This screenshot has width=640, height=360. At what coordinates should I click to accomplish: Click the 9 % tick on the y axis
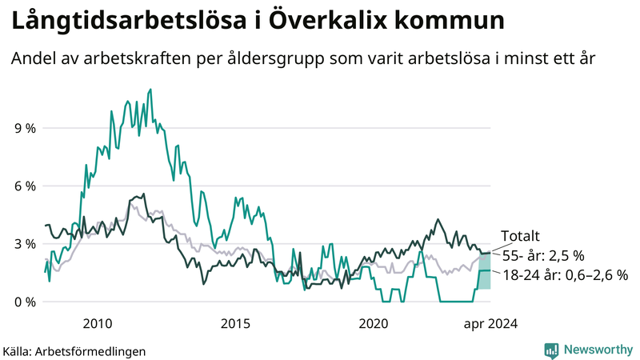(24, 128)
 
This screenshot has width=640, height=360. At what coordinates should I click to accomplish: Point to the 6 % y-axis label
(24, 186)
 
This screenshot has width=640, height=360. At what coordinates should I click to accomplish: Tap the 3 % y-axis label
(24, 244)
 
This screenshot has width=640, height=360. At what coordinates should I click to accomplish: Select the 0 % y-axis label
(24, 302)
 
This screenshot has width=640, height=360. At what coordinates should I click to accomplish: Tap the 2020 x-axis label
(374, 323)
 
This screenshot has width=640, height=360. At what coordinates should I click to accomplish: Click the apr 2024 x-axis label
(489, 323)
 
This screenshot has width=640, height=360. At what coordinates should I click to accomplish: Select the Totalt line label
(520, 236)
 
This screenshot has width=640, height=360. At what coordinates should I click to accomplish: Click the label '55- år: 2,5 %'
(543, 255)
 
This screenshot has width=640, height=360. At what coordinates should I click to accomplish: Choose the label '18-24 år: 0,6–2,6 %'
(565, 274)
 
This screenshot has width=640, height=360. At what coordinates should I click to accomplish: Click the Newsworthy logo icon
(551, 350)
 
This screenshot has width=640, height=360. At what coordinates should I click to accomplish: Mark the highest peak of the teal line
(150, 90)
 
